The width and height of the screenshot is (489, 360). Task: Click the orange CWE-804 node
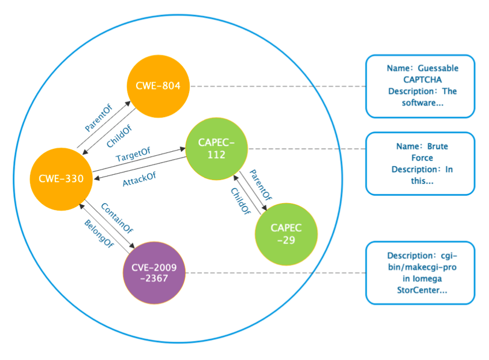pos(158,87)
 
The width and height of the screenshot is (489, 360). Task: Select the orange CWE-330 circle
pos(62,178)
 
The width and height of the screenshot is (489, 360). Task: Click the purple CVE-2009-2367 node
pos(154,272)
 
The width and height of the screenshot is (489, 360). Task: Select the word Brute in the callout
pos(437,147)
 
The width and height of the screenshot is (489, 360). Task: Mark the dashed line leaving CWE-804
pos(277,87)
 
